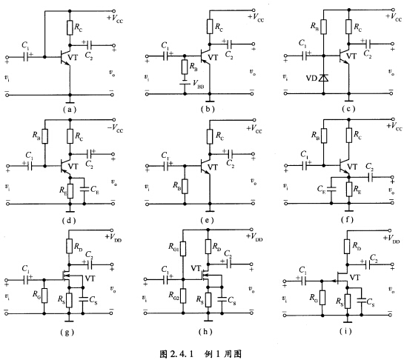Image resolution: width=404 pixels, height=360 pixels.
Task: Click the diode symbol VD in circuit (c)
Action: [x=324, y=78]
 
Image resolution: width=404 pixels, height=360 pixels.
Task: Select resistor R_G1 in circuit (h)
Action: [x=183, y=248]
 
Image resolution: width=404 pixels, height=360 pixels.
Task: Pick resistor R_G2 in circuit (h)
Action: [x=183, y=296]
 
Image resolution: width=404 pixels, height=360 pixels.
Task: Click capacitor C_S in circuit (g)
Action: [x=83, y=299]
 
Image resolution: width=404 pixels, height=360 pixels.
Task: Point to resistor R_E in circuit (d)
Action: [x=70, y=191]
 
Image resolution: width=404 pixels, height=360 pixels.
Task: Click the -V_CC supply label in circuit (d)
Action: [x=115, y=128]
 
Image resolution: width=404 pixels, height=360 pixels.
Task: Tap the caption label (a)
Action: [x=70, y=110]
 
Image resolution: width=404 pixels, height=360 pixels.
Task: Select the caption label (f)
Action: [x=347, y=220]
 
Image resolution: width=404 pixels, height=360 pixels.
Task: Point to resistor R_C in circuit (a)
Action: [x=70, y=28]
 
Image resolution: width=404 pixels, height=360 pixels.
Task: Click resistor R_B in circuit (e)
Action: [x=185, y=187]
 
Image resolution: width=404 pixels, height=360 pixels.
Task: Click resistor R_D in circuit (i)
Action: [x=348, y=247]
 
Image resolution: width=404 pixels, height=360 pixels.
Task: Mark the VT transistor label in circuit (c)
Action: [x=351, y=56]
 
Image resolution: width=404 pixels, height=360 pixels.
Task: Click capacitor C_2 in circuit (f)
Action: [x=371, y=177]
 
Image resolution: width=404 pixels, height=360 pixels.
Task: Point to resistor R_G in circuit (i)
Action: [x=322, y=298]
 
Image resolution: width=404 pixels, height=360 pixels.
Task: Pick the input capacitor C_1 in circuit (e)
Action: [x=166, y=166]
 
